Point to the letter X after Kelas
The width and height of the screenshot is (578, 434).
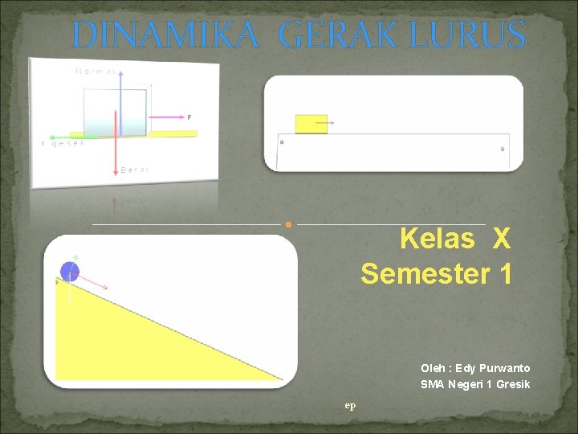[501, 239]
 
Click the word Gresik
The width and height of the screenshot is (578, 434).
[513, 384]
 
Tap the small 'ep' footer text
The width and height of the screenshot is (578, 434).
[350, 405]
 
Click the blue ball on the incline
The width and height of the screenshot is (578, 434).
[70, 271]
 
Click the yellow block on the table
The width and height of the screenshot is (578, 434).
[311, 124]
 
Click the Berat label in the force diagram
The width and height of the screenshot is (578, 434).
[134, 170]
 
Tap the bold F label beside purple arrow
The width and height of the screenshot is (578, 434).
[189, 117]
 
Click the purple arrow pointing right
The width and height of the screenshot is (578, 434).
[165, 122]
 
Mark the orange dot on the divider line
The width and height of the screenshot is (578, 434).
[288, 224]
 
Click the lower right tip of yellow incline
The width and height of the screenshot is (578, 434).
[282, 379]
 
